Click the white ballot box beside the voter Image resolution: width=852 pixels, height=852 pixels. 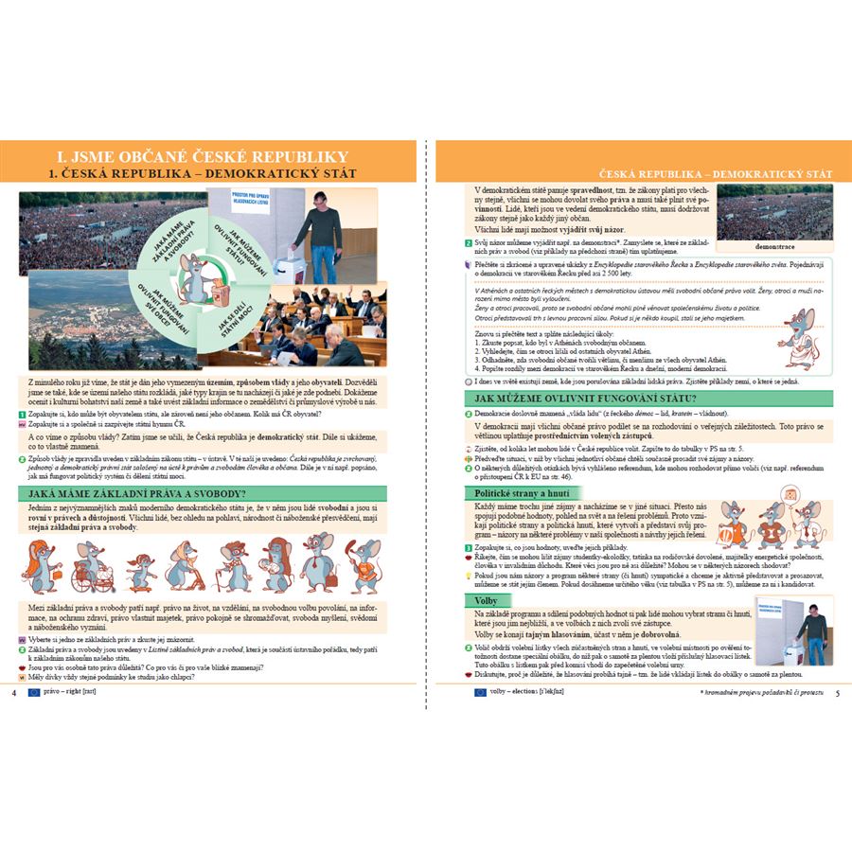(286, 261)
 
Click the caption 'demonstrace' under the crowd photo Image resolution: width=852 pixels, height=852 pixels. (774, 244)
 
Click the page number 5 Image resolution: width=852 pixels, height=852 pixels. (837, 693)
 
